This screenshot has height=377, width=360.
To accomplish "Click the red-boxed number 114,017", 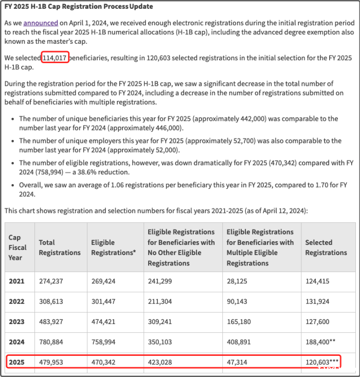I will click(x=55, y=58).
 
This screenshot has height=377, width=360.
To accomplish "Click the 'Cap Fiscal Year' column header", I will click(x=15, y=247).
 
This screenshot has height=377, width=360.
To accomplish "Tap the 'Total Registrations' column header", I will click(x=60, y=247).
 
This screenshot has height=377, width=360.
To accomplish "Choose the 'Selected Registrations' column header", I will click(x=326, y=247).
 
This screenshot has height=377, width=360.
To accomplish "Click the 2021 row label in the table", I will click(x=16, y=282).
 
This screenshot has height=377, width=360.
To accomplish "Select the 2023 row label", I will click(x=16, y=322).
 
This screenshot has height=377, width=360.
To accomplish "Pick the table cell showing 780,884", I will click(x=51, y=342).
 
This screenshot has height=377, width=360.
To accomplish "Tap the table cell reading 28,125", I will click(x=237, y=282).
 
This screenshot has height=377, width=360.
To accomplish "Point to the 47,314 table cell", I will click(x=237, y=362).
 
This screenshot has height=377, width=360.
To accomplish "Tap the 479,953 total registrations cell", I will click(x=51, y=362).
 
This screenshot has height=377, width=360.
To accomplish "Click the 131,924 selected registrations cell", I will click(x=318, y=302).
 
